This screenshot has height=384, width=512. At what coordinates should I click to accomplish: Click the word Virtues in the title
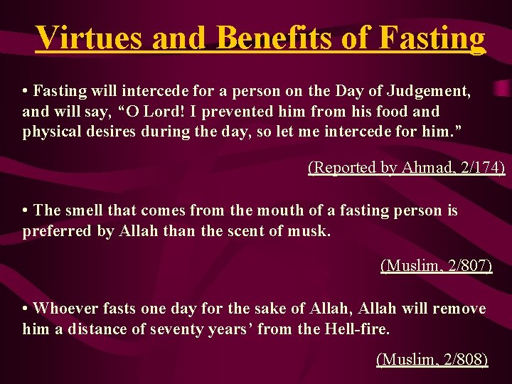[90, 37]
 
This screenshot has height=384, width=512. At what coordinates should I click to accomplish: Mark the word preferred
[57, 231]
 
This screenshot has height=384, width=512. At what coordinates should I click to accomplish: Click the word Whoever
[66, 309]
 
